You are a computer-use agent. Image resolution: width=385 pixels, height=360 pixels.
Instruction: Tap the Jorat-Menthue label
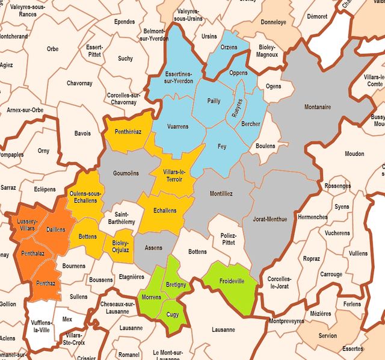coord(270,219)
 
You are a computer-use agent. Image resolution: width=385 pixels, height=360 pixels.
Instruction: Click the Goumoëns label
coord(126,173)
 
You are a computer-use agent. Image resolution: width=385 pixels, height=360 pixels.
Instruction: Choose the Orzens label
coord(229,47)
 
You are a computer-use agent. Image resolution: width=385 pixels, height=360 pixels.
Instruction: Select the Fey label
coord(222,146)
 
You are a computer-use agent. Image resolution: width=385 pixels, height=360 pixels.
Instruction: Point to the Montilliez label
coord(221,194)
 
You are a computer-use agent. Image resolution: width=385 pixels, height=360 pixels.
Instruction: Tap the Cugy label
coord(172,314)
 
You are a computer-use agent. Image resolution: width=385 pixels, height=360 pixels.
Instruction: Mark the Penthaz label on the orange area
coord(45,282)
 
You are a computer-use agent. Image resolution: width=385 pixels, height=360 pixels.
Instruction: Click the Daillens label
coord(55,229)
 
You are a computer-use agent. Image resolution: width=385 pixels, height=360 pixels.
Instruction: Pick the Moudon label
coord(354,154)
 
